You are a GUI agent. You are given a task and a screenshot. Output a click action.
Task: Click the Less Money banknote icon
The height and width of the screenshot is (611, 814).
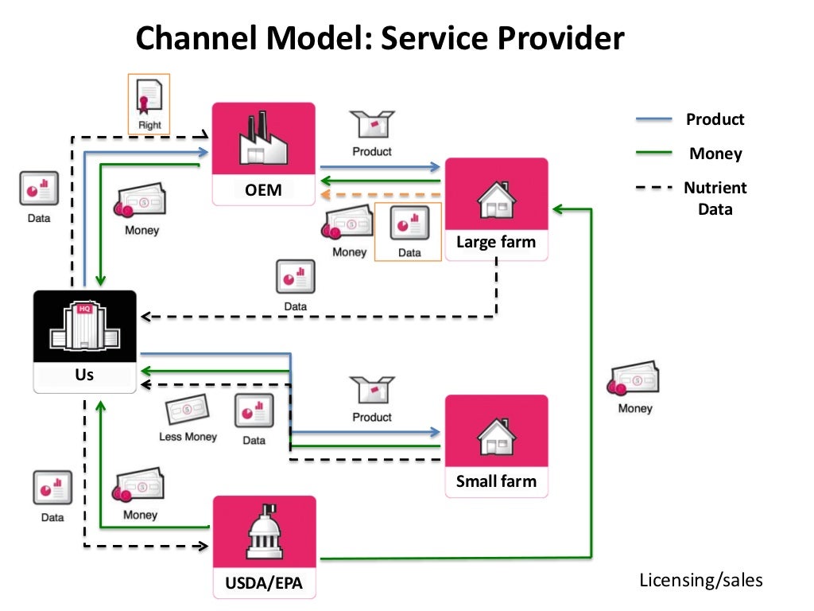(x=188, y=409)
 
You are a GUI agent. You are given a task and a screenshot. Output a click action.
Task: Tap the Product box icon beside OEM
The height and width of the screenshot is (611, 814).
(x=372, y=124)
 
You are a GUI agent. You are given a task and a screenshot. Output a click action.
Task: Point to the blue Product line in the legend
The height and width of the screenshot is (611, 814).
(x=653, y=119)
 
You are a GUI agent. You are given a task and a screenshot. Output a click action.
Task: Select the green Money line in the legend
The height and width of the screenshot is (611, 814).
(x=653, y=153)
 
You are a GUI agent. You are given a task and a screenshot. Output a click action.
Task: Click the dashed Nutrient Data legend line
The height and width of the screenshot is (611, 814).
(x=653, y=188)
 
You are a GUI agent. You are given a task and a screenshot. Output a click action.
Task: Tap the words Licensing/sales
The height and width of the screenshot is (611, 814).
(x=701, y=580)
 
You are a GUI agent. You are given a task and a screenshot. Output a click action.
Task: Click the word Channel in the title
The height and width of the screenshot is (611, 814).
(x=197, y=38)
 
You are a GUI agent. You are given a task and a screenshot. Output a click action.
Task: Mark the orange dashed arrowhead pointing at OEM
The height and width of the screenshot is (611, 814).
(x=325, y=195)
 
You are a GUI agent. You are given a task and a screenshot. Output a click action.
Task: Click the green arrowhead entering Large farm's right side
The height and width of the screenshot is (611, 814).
(x=557, y=209)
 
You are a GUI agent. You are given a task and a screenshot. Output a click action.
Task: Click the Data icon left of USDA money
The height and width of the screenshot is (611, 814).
(x=52, y=488)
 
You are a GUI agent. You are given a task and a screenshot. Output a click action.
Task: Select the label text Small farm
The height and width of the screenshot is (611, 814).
(x=496, y=481)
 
